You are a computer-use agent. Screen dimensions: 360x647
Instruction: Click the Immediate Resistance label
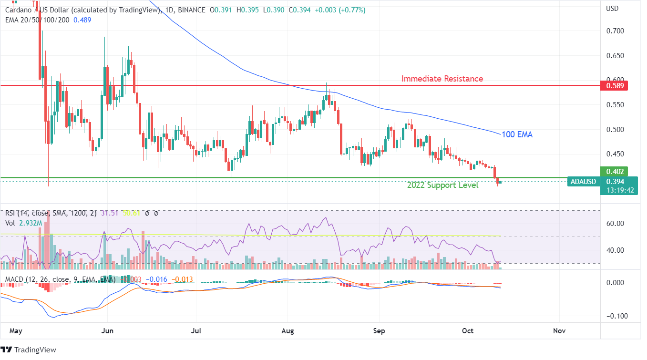442,79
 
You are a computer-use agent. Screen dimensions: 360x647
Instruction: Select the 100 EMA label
517,134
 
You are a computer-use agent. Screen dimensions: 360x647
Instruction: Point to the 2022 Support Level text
442,185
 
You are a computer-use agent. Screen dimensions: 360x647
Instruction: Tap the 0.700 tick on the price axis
614,31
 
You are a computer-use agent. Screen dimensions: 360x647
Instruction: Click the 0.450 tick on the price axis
614,154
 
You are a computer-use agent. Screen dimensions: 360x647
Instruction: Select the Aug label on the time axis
288,330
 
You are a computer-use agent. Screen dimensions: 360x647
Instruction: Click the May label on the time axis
16,330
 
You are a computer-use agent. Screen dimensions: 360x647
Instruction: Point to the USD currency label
612,9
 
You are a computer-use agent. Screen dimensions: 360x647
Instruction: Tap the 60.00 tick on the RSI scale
615,223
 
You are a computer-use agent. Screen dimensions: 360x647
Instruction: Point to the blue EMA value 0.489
82,20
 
